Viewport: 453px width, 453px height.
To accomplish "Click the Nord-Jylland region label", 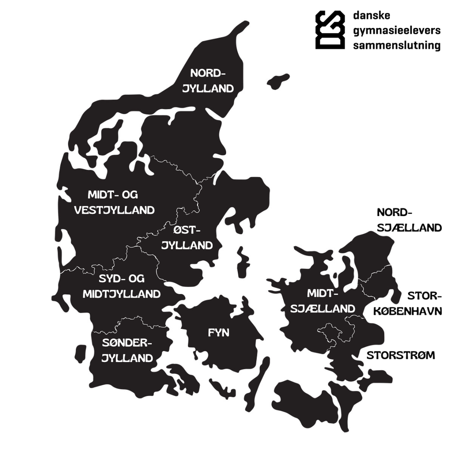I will [208, 81].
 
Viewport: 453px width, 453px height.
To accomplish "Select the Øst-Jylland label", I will [187, 238].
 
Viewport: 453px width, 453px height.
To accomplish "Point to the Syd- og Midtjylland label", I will [121, 286].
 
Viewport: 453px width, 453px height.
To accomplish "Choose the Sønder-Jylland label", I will [127, 350].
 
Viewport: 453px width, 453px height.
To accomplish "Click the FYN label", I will [219, 333].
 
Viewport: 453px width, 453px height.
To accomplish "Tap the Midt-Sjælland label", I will [323, 301].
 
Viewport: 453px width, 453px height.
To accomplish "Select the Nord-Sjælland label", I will [409, 220].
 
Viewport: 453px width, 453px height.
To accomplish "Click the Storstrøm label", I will [400, 355].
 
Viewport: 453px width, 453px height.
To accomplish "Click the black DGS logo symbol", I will [330, 29].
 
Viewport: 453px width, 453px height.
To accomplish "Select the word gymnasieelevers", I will [396, 31].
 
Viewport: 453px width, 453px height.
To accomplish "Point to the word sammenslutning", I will [396, 45].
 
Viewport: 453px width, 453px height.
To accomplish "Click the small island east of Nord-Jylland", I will [278, 82].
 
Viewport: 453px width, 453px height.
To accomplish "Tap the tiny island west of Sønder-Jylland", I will [81, 353].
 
